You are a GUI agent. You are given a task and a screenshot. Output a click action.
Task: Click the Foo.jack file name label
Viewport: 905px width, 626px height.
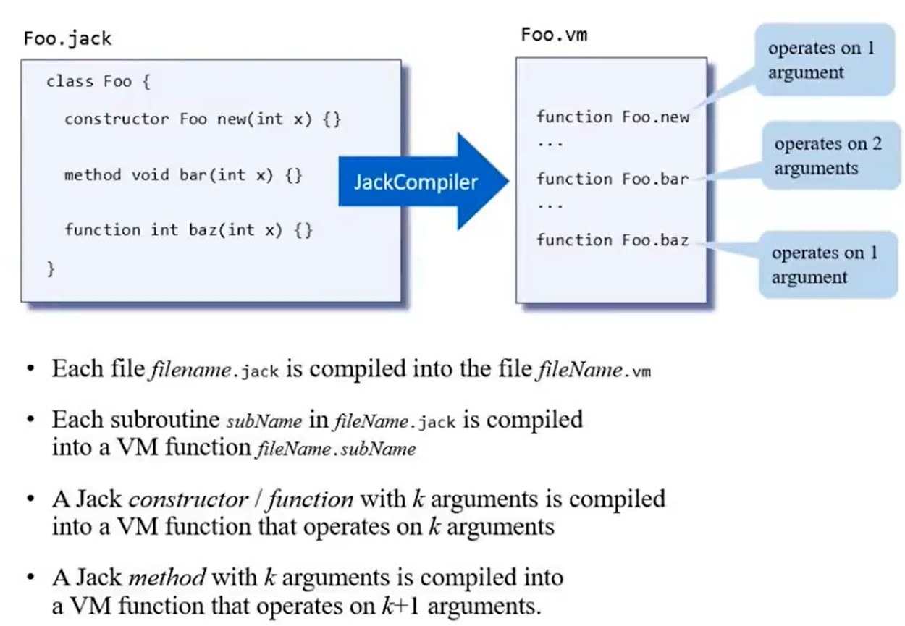(x=67, y=38)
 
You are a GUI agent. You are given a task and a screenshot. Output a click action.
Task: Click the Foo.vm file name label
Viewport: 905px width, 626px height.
(x=554, y=34)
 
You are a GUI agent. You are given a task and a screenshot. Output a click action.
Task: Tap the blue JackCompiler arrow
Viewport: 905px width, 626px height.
(x=420, y=182)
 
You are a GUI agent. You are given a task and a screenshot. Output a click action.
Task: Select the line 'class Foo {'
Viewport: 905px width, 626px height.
(x=98, y=81)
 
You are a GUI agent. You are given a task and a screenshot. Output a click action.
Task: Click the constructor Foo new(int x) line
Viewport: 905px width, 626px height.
(x=202, y=119)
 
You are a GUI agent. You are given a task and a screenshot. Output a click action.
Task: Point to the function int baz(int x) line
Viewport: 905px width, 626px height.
(x=189, y=229)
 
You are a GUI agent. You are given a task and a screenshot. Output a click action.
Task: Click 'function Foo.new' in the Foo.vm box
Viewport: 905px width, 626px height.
(x=613, y=117)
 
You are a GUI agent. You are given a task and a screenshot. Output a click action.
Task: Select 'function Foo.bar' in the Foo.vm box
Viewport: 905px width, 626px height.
(x=613, y=178)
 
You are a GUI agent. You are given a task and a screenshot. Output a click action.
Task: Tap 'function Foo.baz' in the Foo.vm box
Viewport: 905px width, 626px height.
(x=613, y=240)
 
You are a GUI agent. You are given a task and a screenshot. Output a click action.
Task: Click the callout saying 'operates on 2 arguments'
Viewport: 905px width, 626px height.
(x=828, y=156)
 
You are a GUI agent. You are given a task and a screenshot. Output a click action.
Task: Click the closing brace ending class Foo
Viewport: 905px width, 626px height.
(x=51, y=268)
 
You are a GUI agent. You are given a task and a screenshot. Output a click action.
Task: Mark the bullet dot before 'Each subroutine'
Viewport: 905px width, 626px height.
(x=30, y=421)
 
